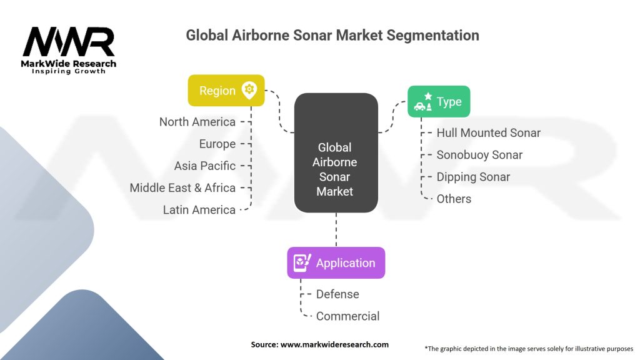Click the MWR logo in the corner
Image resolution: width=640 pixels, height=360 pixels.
coord(69,49)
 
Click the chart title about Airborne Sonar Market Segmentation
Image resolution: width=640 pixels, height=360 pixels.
coord(332,35)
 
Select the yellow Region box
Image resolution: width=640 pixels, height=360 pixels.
coord(226,91)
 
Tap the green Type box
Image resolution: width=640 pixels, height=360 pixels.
coord(439,102)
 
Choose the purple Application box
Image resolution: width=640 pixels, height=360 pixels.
coord(336,263)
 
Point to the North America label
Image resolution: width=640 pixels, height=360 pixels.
coord(197,122)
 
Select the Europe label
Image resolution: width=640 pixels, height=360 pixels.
coord(217,144)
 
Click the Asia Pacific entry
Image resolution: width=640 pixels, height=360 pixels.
coord(205,166)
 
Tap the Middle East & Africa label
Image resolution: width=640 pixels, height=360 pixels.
coord(182,187)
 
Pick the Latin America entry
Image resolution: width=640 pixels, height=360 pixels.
coord(199,210)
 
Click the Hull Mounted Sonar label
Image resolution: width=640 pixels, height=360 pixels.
coord(488,133)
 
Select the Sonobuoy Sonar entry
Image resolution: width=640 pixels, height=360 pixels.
coord(479,155)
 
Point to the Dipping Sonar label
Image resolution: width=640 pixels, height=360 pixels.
coord(473,177)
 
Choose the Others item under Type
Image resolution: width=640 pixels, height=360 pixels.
coord(454,199)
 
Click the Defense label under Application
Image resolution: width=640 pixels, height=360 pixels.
coord(337,294)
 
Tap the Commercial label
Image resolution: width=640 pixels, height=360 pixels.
coord(347,316)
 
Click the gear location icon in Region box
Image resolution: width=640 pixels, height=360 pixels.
coord(249,91)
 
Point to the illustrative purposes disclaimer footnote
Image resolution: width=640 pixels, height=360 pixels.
coord(529,348)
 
